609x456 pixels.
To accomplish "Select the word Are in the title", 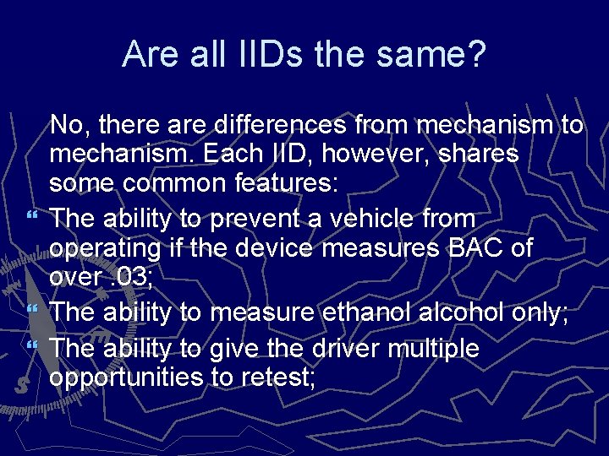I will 148,55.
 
